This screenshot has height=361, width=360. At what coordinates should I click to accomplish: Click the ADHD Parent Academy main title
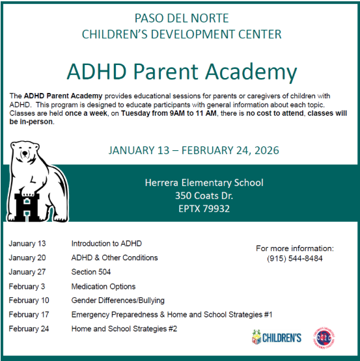[x=182, y=72]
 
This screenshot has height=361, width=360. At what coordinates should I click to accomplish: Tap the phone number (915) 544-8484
[x=294, y=258]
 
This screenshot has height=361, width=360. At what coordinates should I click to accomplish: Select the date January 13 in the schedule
[x=27, y=243]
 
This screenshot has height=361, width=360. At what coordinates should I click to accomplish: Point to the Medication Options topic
[x=103, y=286]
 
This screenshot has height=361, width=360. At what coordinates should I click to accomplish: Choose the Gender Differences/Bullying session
[x=117, y=301]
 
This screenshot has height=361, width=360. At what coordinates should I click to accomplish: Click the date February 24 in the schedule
[x=29, y=329]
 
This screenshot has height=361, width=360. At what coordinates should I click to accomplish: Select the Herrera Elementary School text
[x=204, y=183]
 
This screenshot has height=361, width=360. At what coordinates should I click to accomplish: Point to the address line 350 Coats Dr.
[x=204, y=196]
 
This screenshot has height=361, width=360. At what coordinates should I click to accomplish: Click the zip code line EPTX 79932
[x=203, y=209]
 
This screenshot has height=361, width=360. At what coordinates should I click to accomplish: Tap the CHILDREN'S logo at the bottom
[x=276, y=337]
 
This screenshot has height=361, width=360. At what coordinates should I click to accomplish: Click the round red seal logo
[x=324, y=336]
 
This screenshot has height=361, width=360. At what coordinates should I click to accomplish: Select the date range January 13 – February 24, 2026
[x=194, y=150]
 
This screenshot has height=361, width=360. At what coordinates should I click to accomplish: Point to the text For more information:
[x=294, y=248]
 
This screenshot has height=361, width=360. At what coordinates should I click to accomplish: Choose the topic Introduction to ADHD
[x=106, y=243]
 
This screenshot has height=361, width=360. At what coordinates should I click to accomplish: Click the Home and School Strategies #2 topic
[x=124, y=329]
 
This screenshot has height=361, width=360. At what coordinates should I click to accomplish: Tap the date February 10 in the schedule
[x=29, y=301]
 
